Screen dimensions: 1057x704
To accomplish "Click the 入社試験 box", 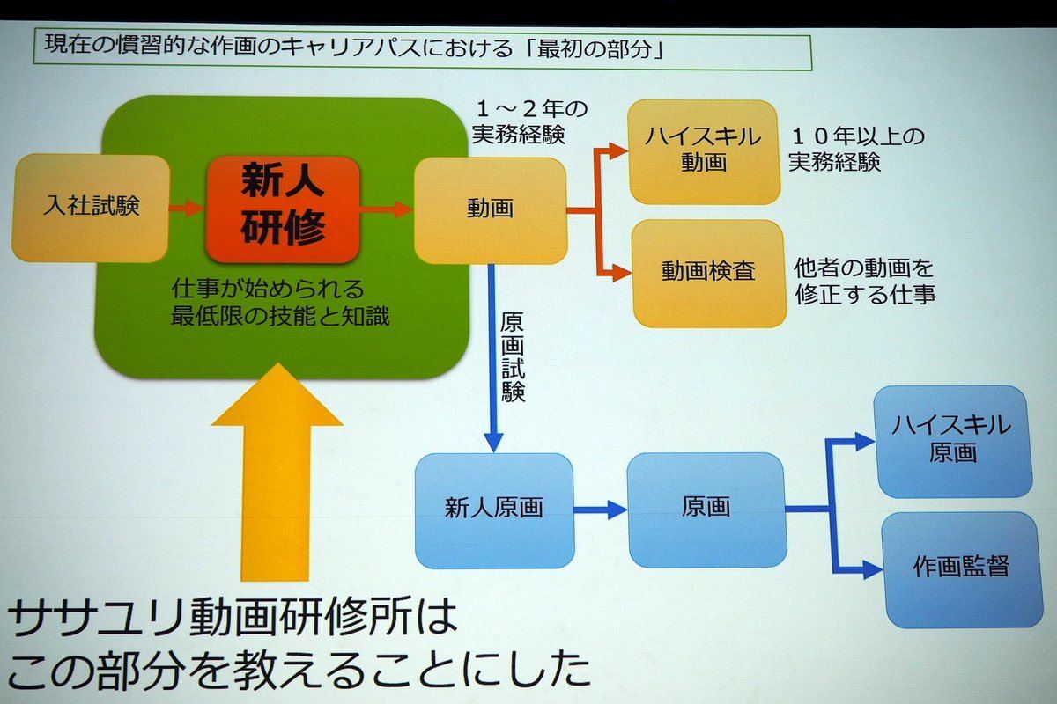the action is click(91, 208).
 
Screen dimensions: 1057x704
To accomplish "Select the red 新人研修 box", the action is click(283, 209).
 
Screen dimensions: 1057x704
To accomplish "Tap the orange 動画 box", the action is click(491, 210).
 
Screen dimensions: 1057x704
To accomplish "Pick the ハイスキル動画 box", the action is click(703, 152).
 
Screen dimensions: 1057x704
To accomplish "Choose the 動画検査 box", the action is click(708, 273).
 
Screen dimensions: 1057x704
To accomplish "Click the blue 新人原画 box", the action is click(494, 510).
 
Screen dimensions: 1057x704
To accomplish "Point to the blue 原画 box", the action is click(706, 510).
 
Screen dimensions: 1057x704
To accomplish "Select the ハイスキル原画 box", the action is click(952, 442).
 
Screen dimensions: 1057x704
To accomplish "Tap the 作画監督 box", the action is click(962, 569).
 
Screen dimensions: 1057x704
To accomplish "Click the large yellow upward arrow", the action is click(277, 472).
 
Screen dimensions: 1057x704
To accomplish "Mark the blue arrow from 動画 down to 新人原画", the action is click(493, 357).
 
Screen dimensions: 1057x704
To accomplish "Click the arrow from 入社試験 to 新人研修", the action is click(187, 208).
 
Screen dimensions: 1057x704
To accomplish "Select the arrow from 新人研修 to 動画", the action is click(387, 209).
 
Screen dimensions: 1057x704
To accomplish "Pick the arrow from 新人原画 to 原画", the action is click(601, 510).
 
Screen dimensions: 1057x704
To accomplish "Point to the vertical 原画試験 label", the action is click(513, 357).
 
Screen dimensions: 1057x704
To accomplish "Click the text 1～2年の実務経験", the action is click(530, 121).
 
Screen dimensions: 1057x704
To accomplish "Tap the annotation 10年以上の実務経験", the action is click(856, 149).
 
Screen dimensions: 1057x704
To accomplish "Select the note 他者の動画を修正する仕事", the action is click(864, 282).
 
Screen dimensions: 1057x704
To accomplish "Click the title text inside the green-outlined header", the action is click(354, 48).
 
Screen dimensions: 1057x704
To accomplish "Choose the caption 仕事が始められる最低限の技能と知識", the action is click(280, 302).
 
